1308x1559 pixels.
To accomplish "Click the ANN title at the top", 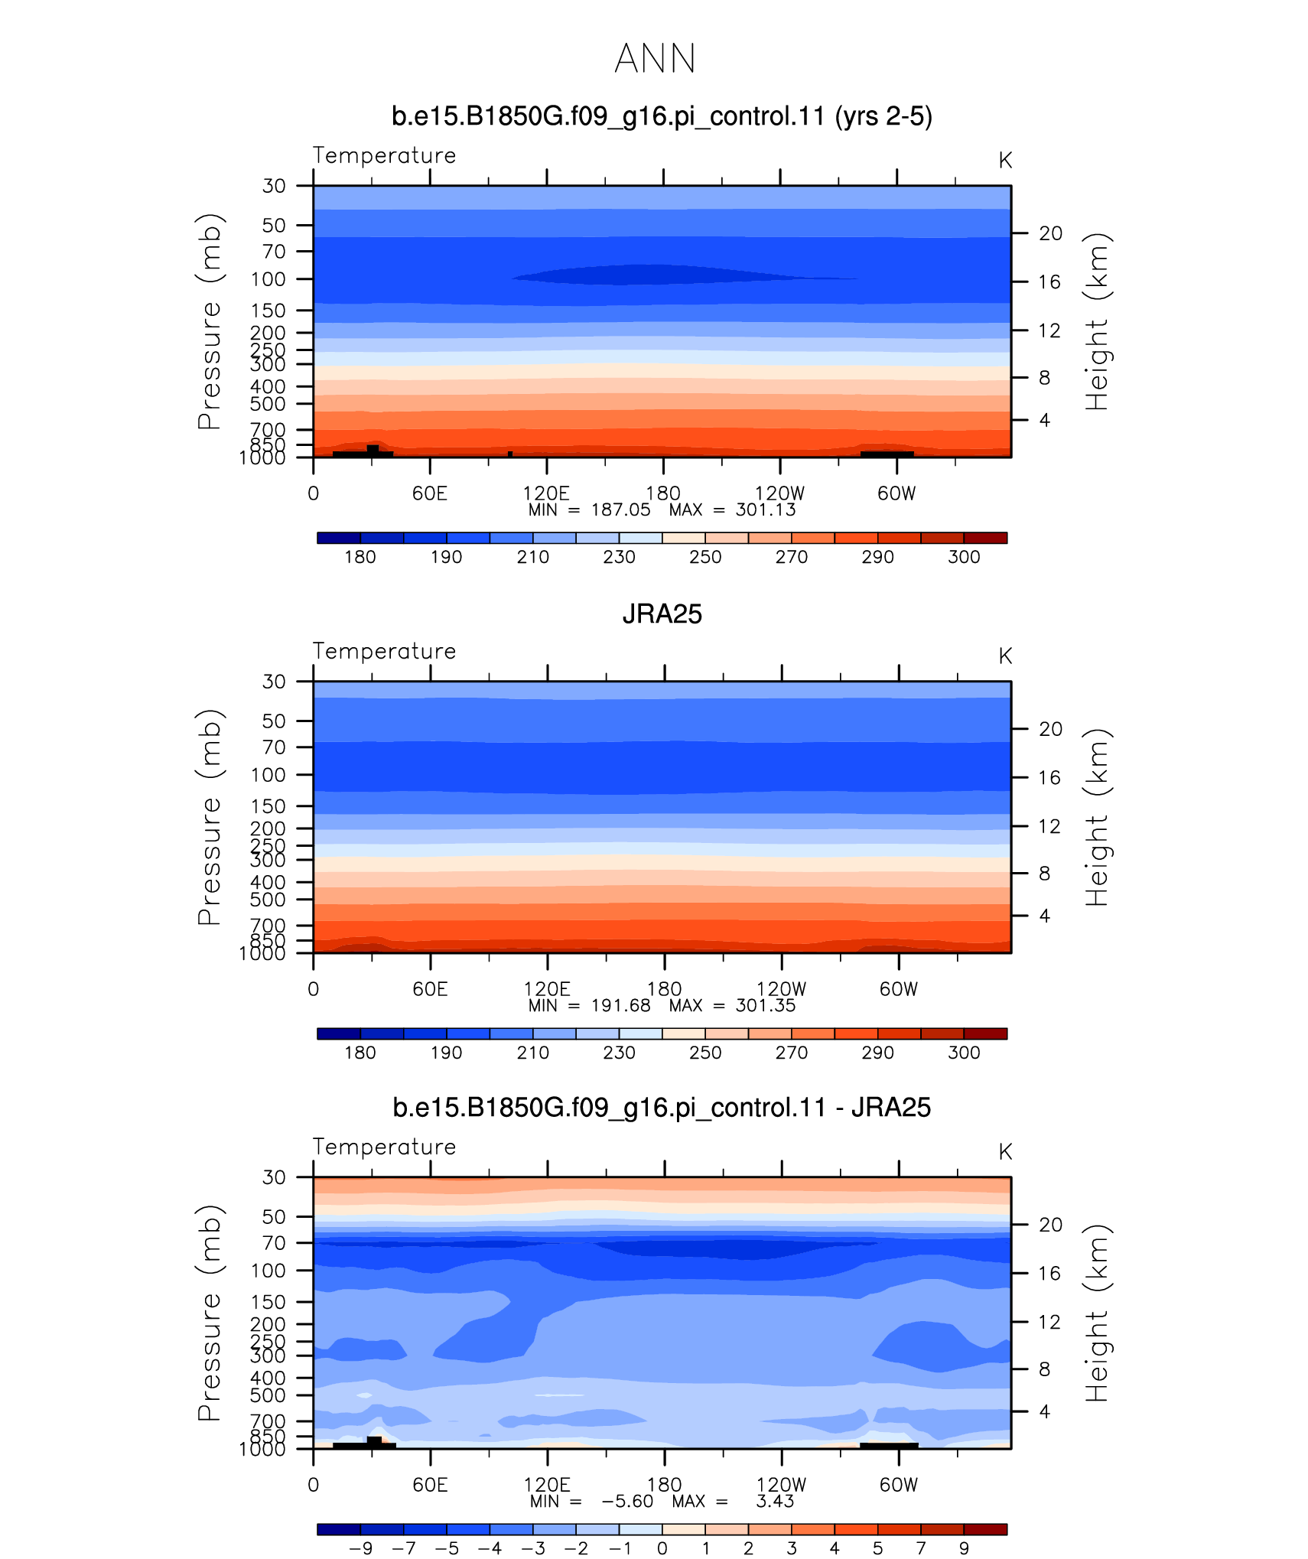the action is coord(655,59).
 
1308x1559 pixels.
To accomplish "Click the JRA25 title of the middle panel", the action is coord(662,614).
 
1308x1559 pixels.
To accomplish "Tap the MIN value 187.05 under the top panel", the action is coord(620,510).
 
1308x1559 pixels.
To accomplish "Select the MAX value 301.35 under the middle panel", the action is coord(766,1005).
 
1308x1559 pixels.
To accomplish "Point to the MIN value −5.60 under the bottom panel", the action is coord(627,1501).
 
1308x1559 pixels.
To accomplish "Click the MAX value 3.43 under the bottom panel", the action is coord(775,1501).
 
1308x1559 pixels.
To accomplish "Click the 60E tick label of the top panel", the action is coord(430,493).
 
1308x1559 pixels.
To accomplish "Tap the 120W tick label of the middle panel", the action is coord(781,989).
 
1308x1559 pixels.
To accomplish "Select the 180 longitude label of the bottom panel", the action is coord(664,1485).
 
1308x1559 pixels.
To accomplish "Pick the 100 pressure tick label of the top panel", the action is coord(268,279).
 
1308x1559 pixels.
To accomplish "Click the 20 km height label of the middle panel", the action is coord(1050,729).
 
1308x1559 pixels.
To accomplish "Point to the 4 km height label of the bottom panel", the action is coord(1044,1411).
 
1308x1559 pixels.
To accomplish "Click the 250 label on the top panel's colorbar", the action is coord(705,557).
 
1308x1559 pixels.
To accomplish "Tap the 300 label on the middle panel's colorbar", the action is coord(964,1053).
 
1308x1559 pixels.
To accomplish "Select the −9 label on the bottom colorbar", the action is coord(360,1548).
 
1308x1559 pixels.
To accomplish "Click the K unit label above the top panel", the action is coord(1005,161).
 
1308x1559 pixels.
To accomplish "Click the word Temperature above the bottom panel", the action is coord(384,1147).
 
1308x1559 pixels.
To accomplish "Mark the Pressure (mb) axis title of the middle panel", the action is coord(209,817).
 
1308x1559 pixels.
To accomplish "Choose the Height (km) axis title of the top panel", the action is coord(1096,321).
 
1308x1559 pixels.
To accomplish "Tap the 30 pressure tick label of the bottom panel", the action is coord(274,1177).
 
